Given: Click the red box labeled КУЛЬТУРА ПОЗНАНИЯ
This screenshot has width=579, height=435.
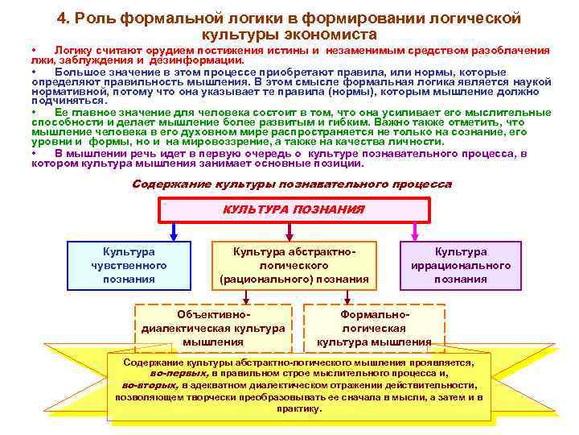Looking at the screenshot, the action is point(293,209).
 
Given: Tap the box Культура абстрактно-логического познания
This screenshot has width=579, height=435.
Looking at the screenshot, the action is point(294,265).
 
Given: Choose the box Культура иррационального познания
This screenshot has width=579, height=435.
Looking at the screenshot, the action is point(460,265).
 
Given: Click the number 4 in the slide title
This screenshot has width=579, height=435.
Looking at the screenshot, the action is point(61,19).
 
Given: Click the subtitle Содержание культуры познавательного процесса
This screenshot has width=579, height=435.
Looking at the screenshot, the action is point(291,184).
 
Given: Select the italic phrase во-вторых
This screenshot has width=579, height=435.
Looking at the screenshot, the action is point(150,385).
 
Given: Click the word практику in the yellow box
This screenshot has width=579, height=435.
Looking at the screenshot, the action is point(298,408).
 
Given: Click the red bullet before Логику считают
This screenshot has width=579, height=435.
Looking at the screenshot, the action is point(34,50).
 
